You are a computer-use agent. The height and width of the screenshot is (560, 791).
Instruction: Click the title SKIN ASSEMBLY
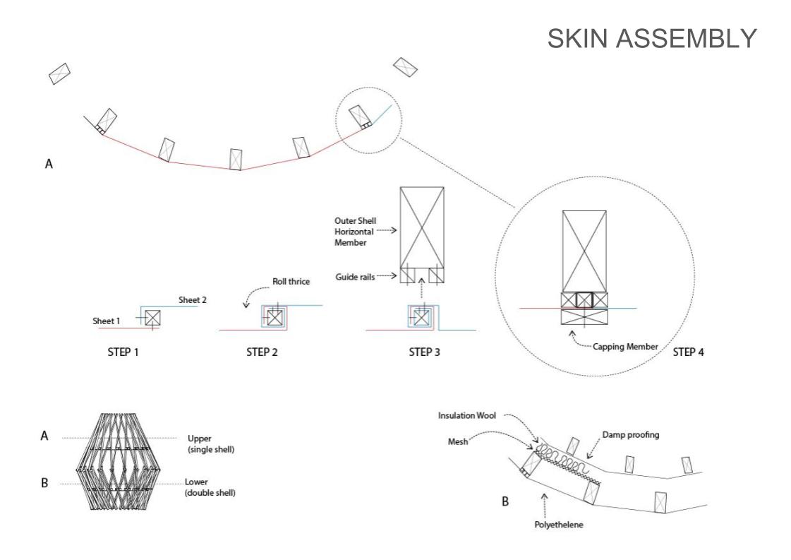point(652,38)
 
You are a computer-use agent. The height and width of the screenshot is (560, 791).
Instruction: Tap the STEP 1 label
point(123,352)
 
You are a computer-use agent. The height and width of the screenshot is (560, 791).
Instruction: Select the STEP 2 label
point(262,352)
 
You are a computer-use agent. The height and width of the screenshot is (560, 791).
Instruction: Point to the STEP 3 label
point(424,352)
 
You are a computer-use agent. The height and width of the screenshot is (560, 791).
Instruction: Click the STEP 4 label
point(688,352)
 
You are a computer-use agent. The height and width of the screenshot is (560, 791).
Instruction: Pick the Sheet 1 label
point(106,321)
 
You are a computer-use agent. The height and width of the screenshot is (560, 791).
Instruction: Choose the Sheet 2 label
point(192,300)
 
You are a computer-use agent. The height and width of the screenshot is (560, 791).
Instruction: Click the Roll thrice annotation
point(291,282)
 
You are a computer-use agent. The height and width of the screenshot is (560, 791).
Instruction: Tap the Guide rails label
point(355,277)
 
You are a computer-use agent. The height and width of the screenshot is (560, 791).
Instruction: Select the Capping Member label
point(626,347)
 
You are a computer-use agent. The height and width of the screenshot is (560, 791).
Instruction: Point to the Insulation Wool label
point(466,415)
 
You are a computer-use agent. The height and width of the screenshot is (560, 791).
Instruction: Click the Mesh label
point(457,442)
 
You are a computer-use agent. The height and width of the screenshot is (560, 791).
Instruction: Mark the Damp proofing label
point(631,435)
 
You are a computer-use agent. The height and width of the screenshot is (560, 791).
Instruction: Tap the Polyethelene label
point(558,525)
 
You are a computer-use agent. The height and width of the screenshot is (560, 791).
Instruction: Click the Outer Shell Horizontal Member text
point(355,232)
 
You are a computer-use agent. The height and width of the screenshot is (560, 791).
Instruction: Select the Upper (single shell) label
point(211,444)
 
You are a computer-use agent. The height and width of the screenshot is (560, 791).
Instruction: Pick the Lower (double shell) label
point(210,487)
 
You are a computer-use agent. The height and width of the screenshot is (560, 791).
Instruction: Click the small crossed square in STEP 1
point(152,318)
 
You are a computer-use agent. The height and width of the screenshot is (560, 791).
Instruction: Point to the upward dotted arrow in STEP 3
point(422,288)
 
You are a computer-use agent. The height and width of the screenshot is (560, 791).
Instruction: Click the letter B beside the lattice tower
point(44,483)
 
